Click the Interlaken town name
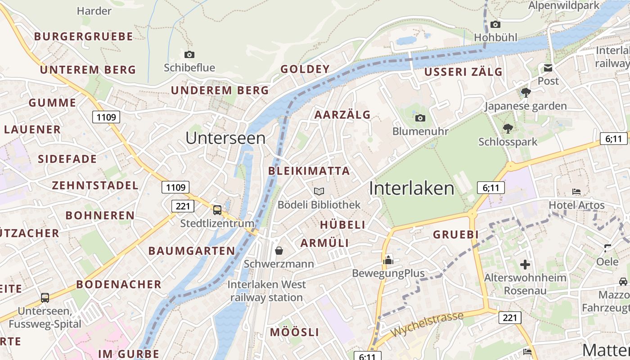412,188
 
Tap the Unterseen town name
225,138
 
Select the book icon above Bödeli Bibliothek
319,192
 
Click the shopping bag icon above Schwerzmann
279,250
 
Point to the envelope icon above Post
548,68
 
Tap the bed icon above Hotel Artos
576,192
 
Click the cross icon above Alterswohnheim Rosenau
525,264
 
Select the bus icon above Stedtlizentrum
217,210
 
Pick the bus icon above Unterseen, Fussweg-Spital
45,297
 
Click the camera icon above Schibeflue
189,54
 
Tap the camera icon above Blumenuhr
420,118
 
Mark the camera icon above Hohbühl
495,24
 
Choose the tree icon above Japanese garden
526,93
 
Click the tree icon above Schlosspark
508,128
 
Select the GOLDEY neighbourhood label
305,69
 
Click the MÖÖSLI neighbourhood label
294,332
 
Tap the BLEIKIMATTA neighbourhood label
309,171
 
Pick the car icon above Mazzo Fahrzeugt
623,281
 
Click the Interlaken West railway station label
266,291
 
